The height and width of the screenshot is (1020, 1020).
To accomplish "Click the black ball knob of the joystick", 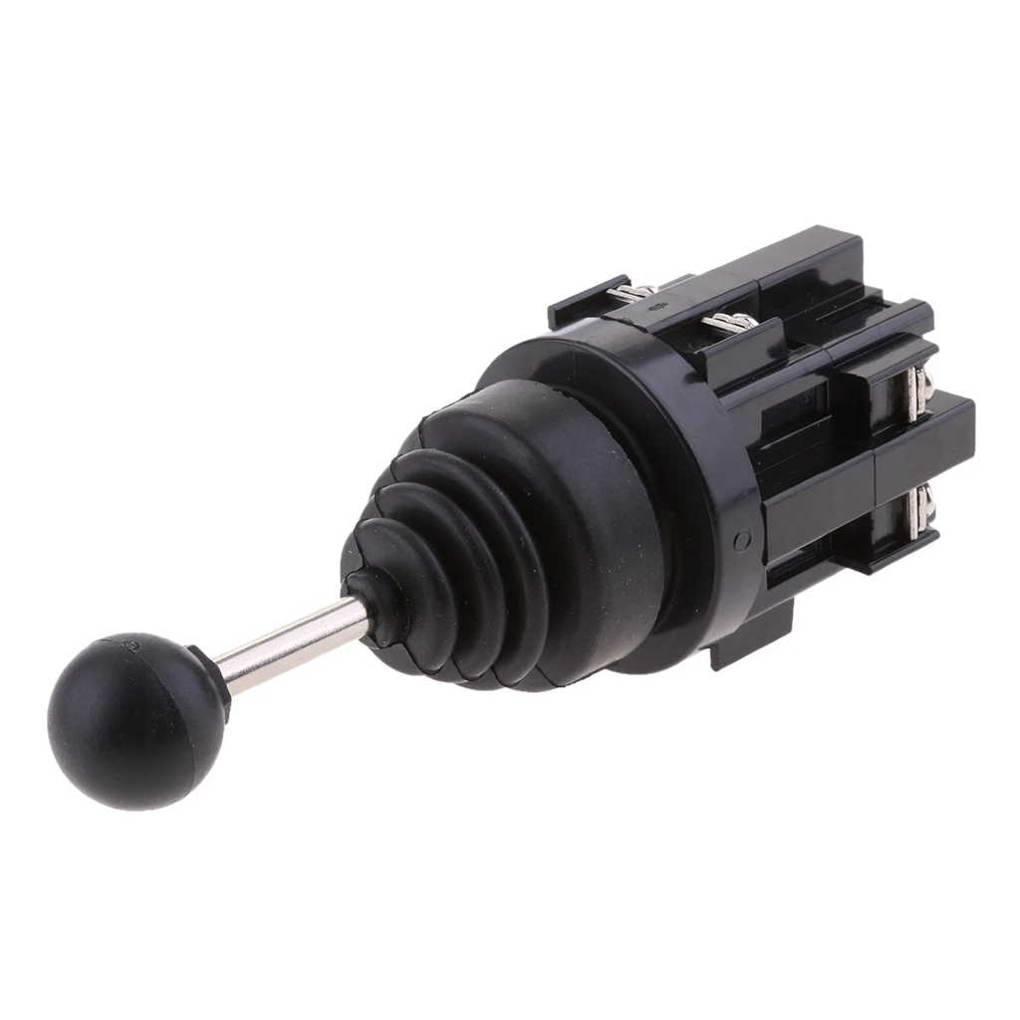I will (x=134, y=719).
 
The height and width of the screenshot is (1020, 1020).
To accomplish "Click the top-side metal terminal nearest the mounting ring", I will (x=731, y=322).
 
